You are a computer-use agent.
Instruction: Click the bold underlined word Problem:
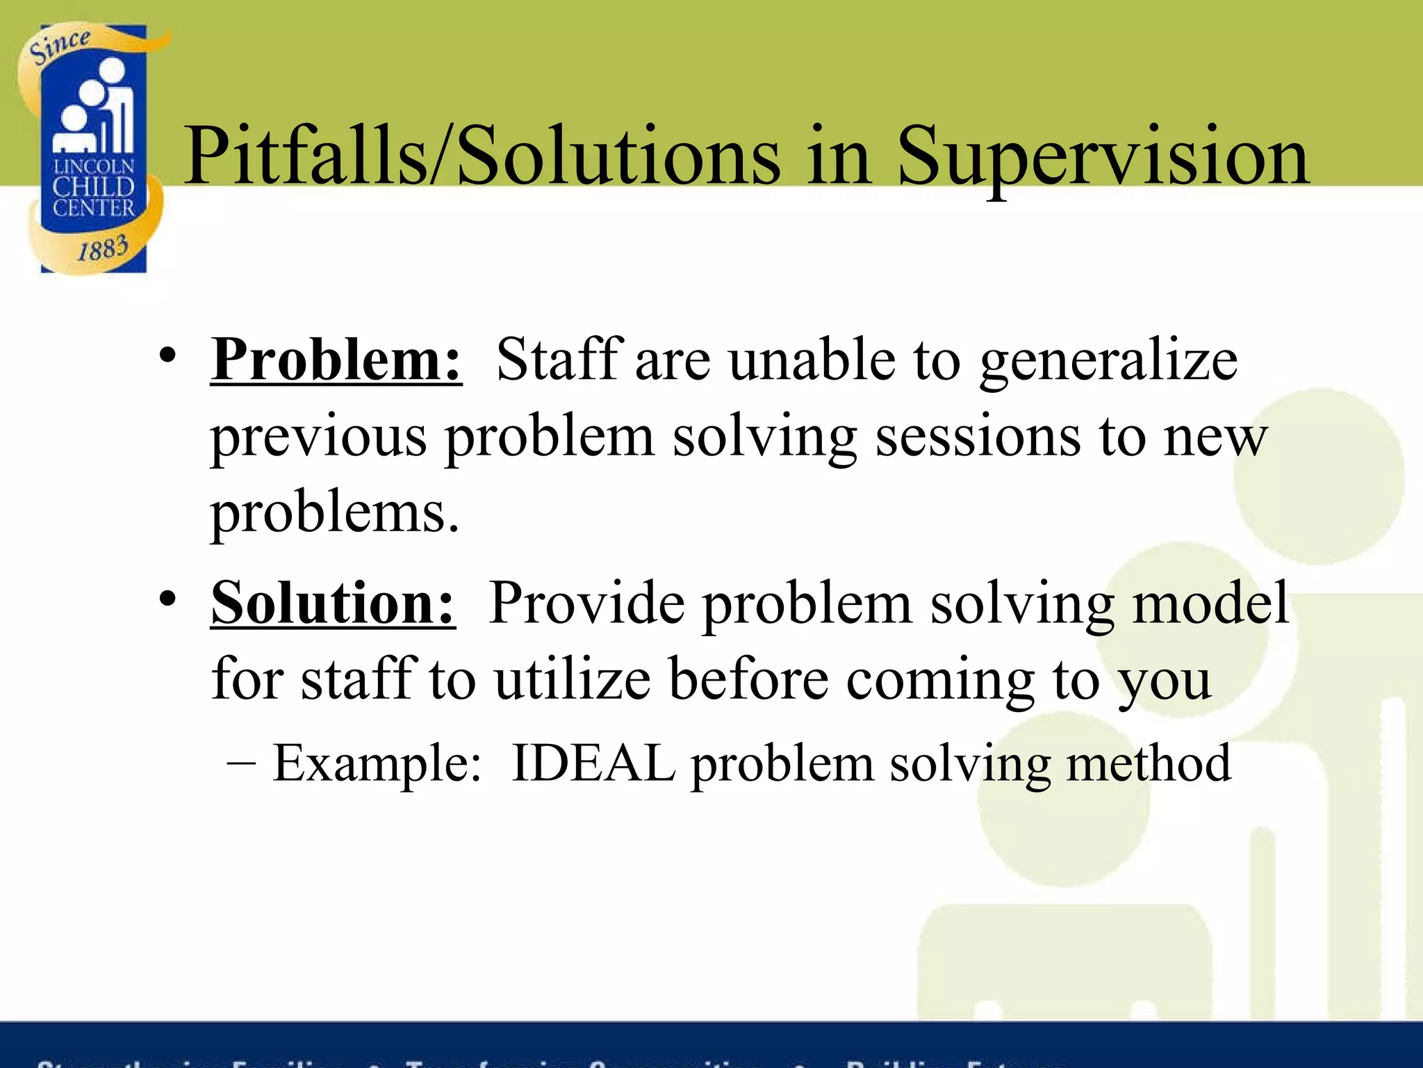pyautogui.click(x=336, y=359)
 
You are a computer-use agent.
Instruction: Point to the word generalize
pyautogui.click(x=1109, y=362)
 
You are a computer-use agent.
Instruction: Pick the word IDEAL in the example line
pyautogui.click(x=593, y=763)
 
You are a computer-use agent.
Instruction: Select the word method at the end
pyautogui.click(x=1149, y=763)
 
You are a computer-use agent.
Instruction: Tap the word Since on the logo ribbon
pyautogui.click(x=60, y=47)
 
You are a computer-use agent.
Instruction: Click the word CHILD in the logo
pyautogui.click(x=93, y=186)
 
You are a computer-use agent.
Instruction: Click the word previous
pyautogui.click(x=319, y=438)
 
